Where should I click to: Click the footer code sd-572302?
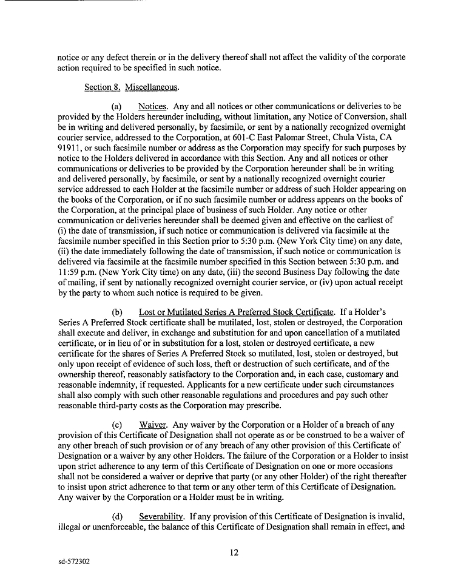coord(70,562)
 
